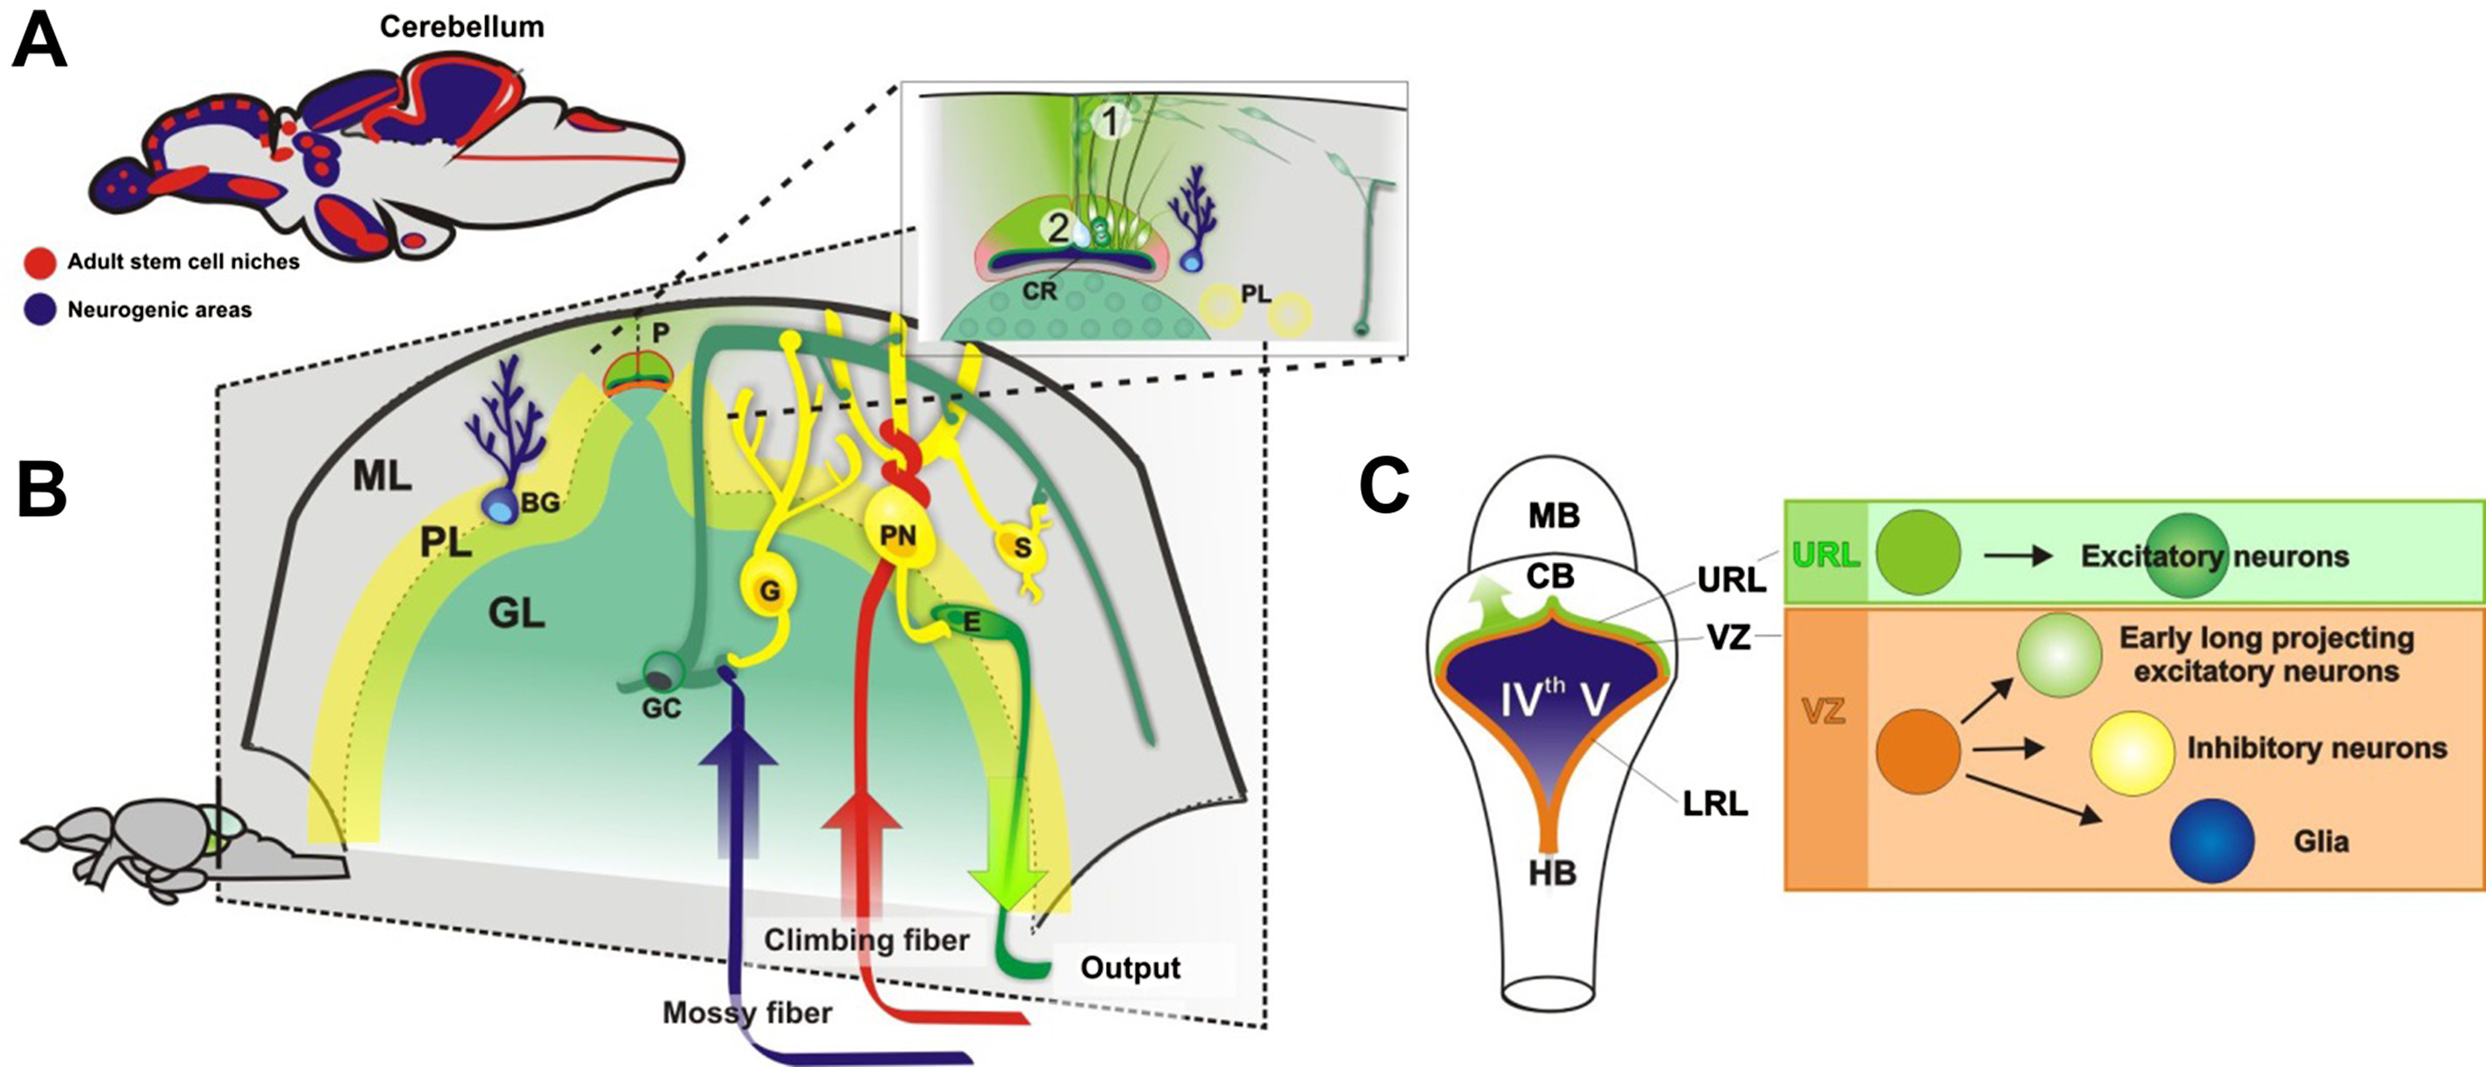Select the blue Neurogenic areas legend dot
point(39,309)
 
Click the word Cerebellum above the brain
point(461,26)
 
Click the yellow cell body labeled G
point(769,588)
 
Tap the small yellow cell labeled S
point(1021,548)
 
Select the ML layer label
point(382,474)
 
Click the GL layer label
point(516,613)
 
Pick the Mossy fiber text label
point(747,1012)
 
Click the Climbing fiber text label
point(866,939)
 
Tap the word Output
point(1130,967)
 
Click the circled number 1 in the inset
point(1111,122)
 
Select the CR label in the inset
point(1039,290)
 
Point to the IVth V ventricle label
point(1553,699)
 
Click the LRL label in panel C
point(1715,804)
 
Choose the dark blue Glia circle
point(2212,840)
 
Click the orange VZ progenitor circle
point(1918,751)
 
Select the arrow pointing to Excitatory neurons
point(2018,556)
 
